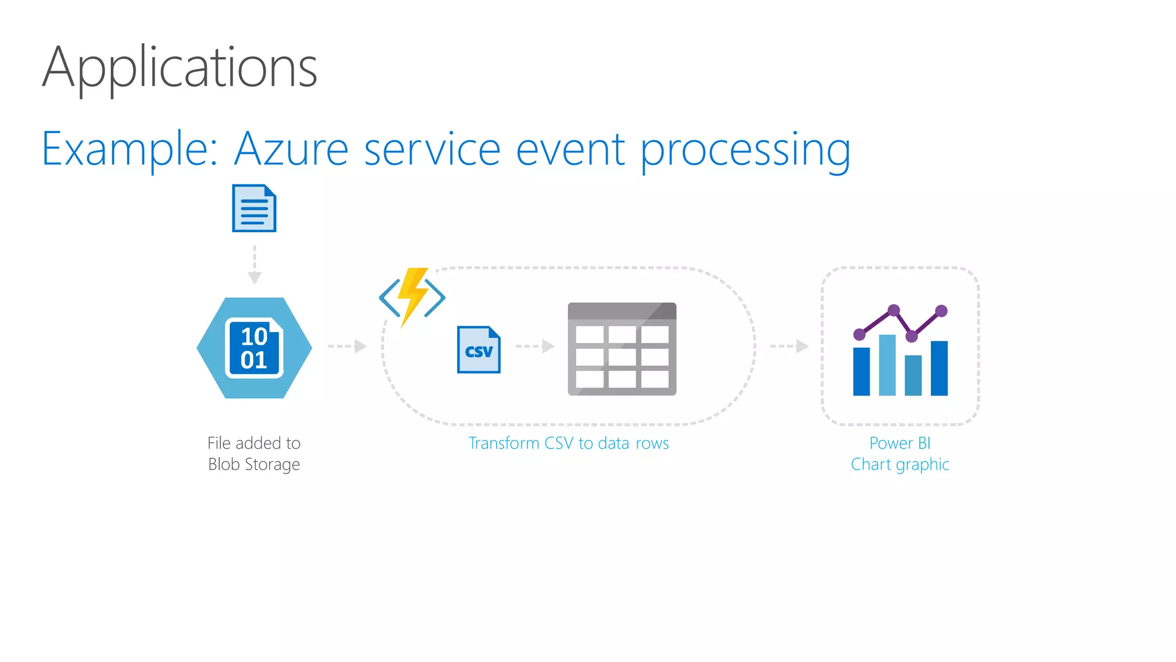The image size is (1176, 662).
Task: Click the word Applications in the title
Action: pyautogui.click(x=179, y=68)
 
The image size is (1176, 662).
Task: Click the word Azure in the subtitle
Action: pyautogui.click(x=291, y=149)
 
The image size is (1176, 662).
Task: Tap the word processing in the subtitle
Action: pyautogui.click(x=745, y=151)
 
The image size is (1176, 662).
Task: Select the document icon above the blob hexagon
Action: pyautogui.click(x=254, y=208)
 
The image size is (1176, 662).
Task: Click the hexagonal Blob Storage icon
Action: pyautogui.click(x=254, y=348)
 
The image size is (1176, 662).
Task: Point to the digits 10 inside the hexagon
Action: pyautogui.click(x=254, y=336)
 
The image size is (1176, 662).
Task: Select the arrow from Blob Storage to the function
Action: pyautogui.click(x=347, y=346)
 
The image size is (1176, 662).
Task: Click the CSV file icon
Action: pyautogui.click(x=478, y=350)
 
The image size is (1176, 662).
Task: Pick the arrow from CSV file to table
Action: pyautogui.click(x=535, y=346)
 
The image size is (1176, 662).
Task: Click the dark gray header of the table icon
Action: pyautogui.click(x=621, y=311)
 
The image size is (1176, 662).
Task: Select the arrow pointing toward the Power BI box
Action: pyautogui.click(x=789, y=346)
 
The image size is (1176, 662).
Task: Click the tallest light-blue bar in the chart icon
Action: pyautogui.click(x=887, y=365)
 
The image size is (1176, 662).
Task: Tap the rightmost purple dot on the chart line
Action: pyautogui.click(x=941, y=311)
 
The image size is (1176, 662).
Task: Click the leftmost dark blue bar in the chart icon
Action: pyautogui.click(x=861, y=371)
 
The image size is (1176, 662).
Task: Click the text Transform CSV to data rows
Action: pyautogui.click(x=568, y=443)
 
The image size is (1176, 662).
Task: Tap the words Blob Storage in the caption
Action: pyautogui.click(x=254, y=464)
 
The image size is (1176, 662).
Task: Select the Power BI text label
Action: pyautogui.click(x=899, y=443)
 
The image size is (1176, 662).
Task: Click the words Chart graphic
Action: pyautogui.click(x=899, y=464)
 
